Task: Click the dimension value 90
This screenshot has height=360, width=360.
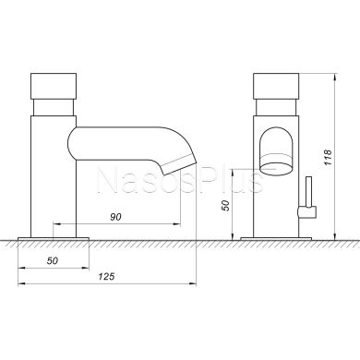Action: point(115,217)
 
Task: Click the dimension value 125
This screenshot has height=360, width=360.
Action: point(106,277)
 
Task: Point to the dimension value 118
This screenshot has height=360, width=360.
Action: point(328,157)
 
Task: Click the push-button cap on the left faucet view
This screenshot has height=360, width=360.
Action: point(54,86)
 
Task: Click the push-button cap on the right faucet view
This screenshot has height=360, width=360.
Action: point(276,86)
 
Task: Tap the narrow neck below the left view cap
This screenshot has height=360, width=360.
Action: point(54,107)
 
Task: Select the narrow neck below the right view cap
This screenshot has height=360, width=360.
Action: point(276,107)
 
